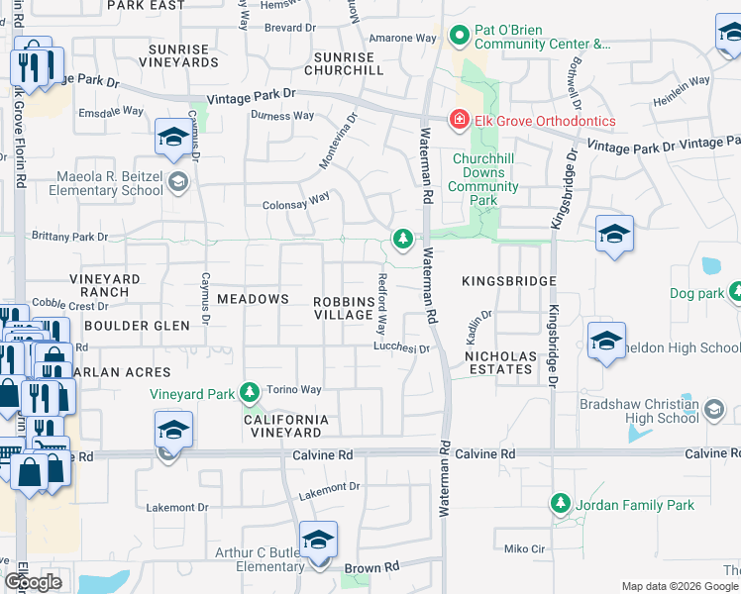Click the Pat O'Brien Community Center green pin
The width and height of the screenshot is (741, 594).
[459, 38]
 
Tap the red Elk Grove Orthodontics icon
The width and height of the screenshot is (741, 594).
[459, 122]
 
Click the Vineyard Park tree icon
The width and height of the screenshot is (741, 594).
[250, 394]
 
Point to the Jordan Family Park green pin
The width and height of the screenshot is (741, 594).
[561, 505]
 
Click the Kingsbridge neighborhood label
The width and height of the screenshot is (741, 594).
[508, 282]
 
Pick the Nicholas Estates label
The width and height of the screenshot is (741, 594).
[501, 362]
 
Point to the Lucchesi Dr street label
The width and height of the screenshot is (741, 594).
[400, 347]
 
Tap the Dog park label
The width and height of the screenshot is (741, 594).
[697, 293]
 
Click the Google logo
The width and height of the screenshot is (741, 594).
[34, 582]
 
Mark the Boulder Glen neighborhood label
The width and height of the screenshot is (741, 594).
[131, 325]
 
